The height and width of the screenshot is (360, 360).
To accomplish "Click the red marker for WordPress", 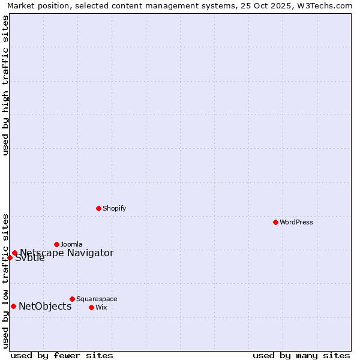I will point(275,222).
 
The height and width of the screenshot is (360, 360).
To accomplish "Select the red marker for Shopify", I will point(98,208).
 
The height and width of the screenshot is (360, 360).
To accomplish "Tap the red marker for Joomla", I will point(56,244).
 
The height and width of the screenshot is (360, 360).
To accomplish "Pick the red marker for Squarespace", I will point(72,299).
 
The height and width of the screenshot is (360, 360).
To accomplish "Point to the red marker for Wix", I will point(91,307).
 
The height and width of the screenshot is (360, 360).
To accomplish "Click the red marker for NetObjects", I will point(13,306).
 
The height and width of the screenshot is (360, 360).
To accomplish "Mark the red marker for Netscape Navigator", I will point(14,253).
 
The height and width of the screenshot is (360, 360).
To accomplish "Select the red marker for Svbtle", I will point(10,257).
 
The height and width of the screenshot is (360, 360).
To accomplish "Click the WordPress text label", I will point(296,222).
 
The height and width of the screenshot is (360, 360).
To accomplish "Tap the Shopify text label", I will point(114,208).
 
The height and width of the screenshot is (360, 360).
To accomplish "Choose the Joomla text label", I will point(71,244).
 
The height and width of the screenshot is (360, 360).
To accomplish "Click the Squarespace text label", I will point(97,299).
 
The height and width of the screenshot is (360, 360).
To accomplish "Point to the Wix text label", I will point(101,307).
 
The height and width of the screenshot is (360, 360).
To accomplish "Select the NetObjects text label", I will point(45,307).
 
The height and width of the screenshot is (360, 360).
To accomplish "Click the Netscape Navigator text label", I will point(67,253).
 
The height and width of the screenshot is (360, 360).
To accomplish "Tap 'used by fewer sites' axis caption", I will point(62,355).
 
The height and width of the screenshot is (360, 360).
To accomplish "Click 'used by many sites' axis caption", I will point(301,355).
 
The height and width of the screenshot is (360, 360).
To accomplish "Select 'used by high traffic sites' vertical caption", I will point(6,85).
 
